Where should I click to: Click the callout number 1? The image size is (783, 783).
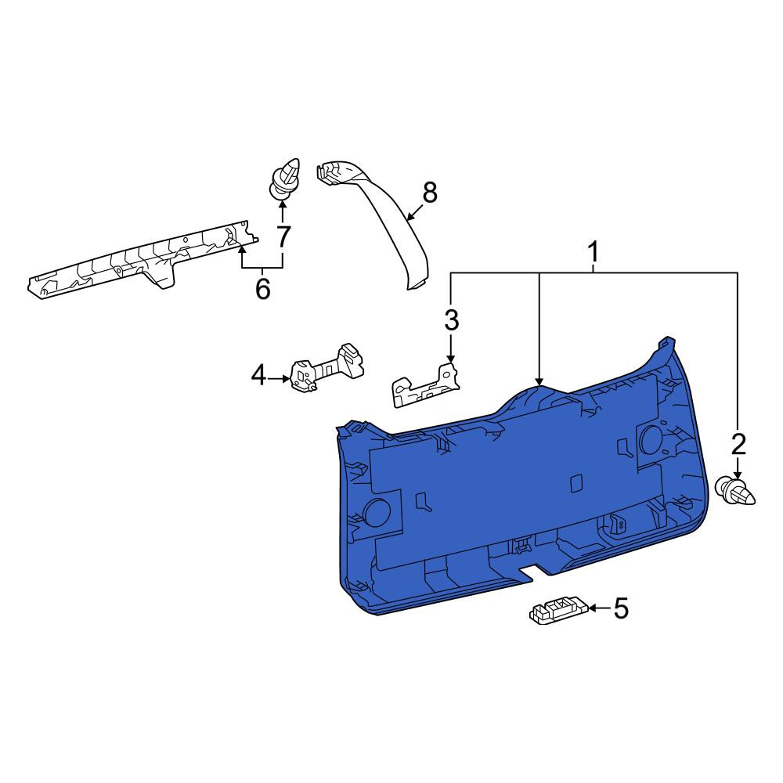594,252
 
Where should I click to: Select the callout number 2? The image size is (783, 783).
738,444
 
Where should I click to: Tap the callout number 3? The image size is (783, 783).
452,320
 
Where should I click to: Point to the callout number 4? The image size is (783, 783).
258,376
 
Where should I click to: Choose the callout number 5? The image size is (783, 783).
621,608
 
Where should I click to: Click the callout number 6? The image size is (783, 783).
262,289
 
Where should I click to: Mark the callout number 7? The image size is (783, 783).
283,236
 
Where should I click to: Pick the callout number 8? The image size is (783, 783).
429,193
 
